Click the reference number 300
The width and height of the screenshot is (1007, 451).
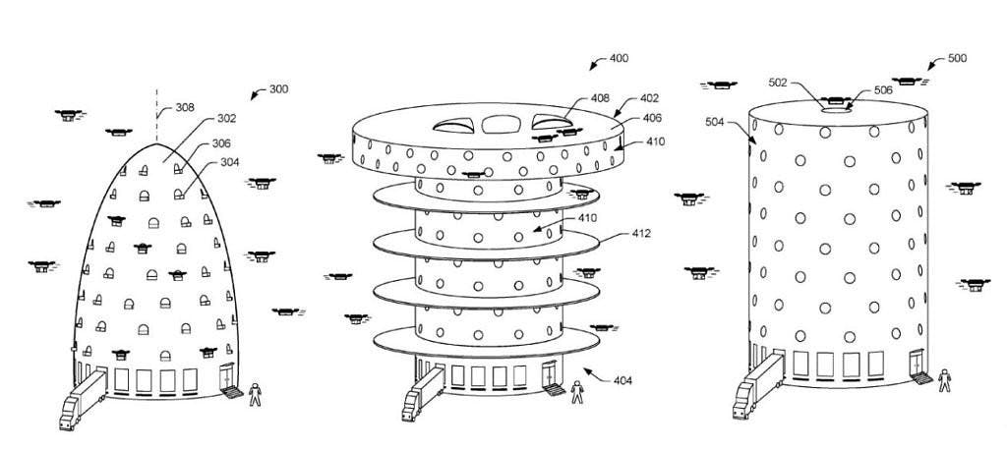(x=278, y=90)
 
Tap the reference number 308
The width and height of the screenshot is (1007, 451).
(x=184, y=109)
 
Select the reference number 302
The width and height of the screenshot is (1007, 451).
(x=225, y=120)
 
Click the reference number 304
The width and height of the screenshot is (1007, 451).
(x=228, y=162)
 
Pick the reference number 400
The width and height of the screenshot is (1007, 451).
(x=619, y=59)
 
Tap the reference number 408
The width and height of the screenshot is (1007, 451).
(x=601, y=98)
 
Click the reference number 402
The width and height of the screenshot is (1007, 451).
(x=650, y=98)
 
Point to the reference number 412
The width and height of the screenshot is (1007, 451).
(x=641, y=233)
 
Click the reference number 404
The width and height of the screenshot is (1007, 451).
(x=622, y=380)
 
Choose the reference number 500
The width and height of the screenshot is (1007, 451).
(x=956, y=58)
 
